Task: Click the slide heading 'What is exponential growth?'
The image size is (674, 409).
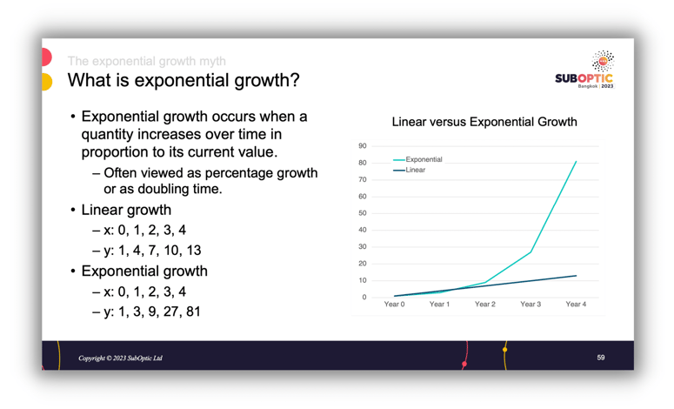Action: point(184,81)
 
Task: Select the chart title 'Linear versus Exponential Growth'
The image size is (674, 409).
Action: point(484,122)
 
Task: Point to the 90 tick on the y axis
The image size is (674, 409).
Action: point(363,146)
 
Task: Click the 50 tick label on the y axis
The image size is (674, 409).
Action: point(363,213)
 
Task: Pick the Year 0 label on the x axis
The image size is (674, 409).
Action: point(395,305)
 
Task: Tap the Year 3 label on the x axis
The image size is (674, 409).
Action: point(531,305)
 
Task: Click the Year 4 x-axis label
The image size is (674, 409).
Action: point(576,305)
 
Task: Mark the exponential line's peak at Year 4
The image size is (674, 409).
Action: point(576,161)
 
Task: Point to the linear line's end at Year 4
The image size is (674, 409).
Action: point(576,276)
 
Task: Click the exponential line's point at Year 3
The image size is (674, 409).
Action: point(531,252)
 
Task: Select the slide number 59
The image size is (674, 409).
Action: point(601,358)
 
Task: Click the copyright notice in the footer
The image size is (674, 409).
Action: point(120,359)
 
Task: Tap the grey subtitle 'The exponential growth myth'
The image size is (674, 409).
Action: point(147,61)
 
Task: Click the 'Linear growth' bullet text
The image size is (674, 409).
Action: point(126,210)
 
